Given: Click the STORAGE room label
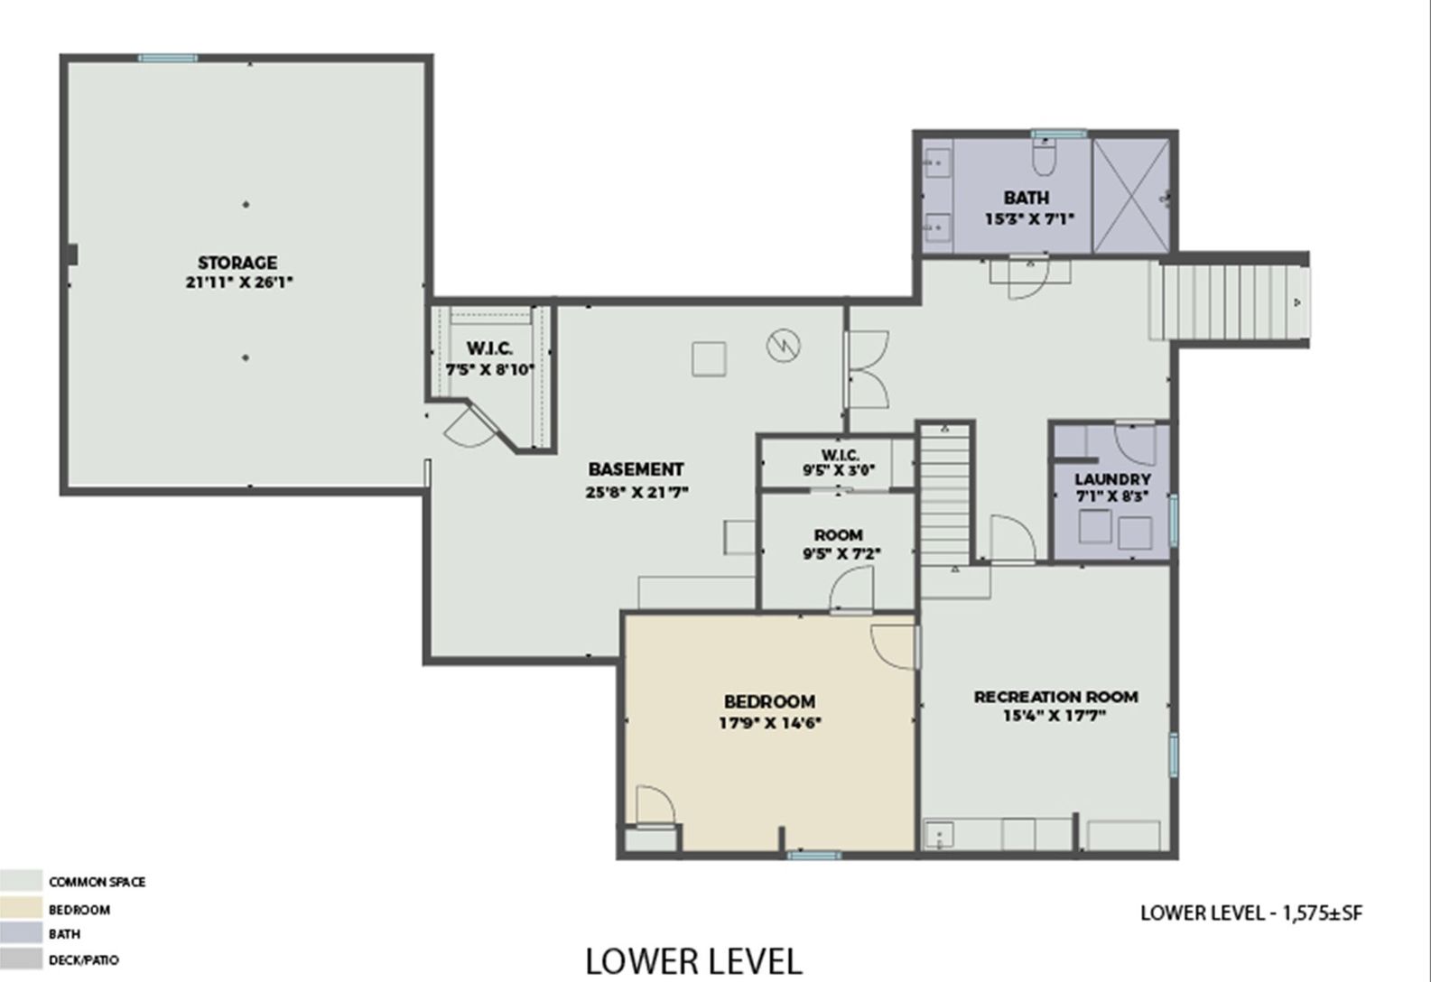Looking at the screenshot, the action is tap(237, 263).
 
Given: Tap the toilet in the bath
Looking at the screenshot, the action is tap(1044, 157).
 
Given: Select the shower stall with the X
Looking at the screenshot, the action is tap(1130, 195).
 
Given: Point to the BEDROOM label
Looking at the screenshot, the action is tap(770, 701).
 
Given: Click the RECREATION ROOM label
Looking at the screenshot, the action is tap(1056, 697).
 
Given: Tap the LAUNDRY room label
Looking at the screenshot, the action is tap(1113, 479).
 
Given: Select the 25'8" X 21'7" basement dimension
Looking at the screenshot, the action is tap(637, 492).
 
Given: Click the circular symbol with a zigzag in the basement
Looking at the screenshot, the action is tap(784, 346).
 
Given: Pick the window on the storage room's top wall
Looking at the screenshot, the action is tap(167, 58).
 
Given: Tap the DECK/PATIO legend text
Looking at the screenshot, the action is tap(84, 959).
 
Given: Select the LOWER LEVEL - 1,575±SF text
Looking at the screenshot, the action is tap(1251, 913).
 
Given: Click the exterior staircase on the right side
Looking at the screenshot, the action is tap(1229, 302).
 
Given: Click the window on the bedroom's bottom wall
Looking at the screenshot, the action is tap(813, 856).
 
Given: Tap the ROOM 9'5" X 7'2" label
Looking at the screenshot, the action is tap(839, 544).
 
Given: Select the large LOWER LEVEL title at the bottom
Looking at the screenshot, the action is tap(693, 961).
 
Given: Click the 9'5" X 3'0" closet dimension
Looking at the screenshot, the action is tap(839, 470).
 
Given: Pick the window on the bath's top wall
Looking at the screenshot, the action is tap(1059, 134).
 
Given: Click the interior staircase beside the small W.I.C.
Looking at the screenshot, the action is tap(945, 495).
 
